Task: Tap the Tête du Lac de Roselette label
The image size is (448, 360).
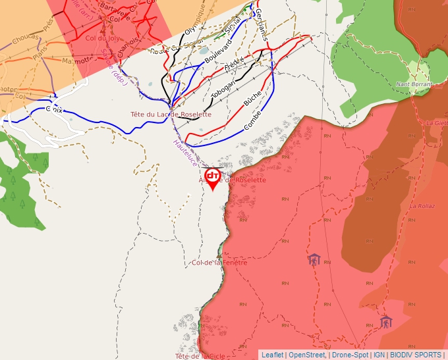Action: (x=171, y=114)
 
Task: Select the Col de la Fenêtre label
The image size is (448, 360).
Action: (x=219, y=263)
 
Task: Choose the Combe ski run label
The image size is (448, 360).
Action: (x=252, y=120)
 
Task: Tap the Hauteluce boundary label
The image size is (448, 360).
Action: (x=186, y=151)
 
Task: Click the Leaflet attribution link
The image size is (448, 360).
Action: (x=272, y=355)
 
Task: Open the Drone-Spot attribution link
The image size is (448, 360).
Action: (x=350, y=355)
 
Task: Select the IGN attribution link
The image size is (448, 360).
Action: (x=379, y=355)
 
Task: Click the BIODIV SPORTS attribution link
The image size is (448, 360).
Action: (x=416, y=355)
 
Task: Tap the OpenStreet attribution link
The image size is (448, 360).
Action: (x=307, y=355)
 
